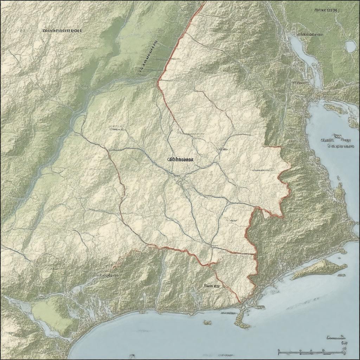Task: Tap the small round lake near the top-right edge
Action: click(351, 46)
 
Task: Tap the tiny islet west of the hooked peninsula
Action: click(207, 322)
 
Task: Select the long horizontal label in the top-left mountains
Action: click(62, 31)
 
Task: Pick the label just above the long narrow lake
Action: click(310, 34)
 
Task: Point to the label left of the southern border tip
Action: click(212, 286)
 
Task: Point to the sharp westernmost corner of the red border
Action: click(158, 82)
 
